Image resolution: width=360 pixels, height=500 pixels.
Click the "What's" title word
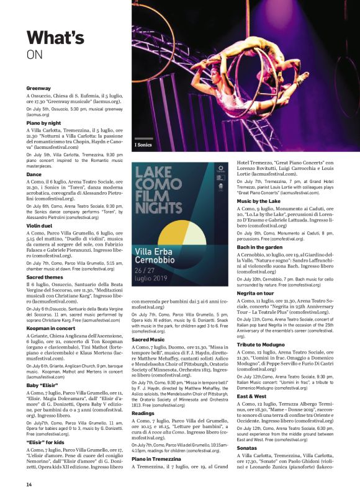point(55,38)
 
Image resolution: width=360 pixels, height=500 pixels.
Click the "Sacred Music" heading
point(148,339)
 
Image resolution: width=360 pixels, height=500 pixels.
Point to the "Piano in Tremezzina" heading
point(158,458)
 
